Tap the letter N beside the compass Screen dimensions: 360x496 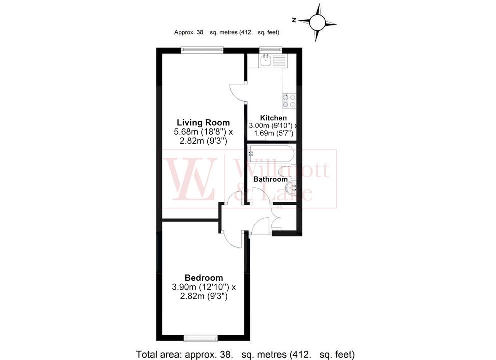[295, 20]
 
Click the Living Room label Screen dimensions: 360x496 [203, 122]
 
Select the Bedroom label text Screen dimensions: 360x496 [204, 278]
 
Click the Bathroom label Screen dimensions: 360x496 [270, 179]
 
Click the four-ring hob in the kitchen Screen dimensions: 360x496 [289, 101]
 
